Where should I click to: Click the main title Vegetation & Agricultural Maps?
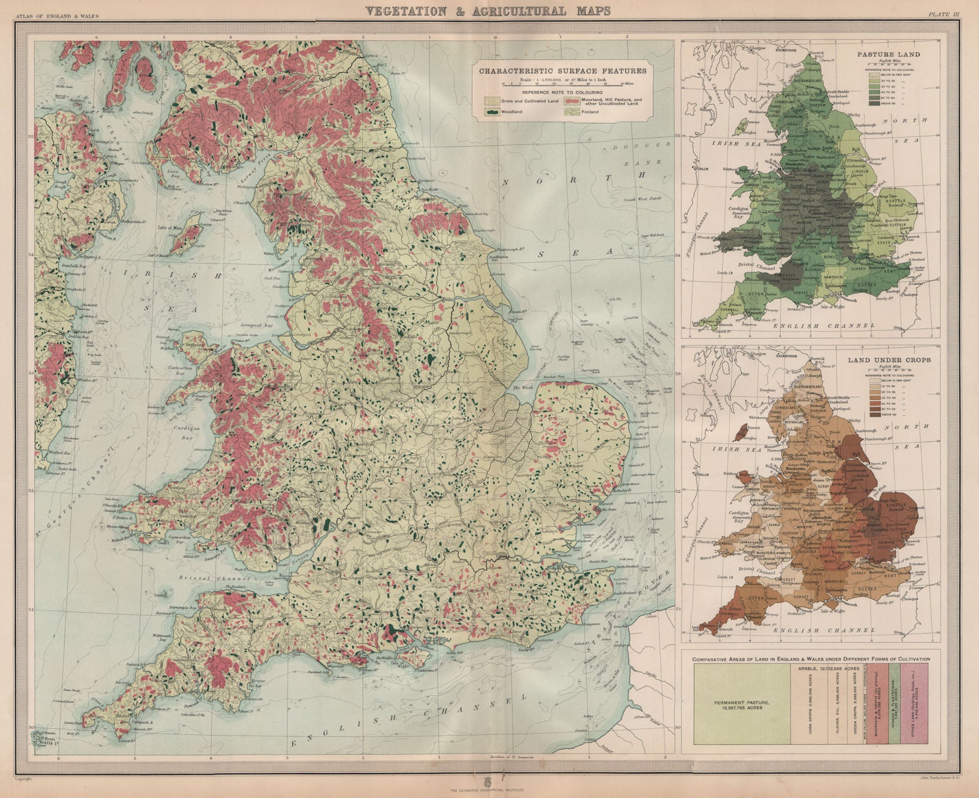pyautogui.click(x=487, y=10)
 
